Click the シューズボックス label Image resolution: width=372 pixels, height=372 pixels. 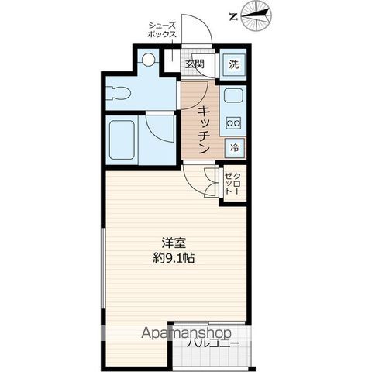click(164, 30)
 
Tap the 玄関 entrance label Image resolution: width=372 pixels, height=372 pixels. click(194, 64)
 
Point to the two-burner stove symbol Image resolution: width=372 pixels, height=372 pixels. click(233, 122)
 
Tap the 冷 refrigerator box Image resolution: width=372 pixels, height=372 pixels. click(234, 145)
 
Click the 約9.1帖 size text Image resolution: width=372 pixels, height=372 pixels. click(173, 258)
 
